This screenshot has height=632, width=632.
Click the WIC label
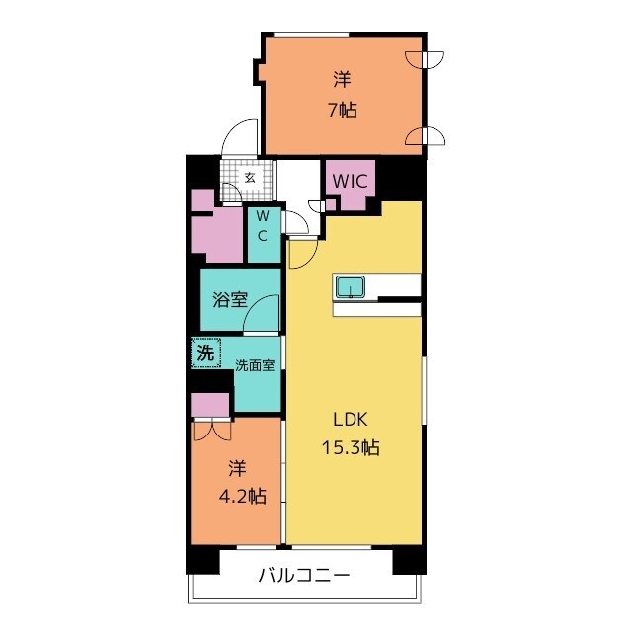pyautogui.click(x=350, y=182)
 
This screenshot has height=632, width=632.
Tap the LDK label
pyautogui.click(x=351, y=420)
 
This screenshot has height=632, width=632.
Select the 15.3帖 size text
pyautogui.click(x=351, y=447)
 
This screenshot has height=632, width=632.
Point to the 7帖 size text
pyautogui.click(x=343, y=110)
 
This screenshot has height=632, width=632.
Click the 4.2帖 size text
pyautogui.click(x=242, y=496)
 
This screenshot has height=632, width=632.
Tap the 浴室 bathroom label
pyautogui.click(x=230, y=299)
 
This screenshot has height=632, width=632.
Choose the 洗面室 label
pyautogui.click(x=255, y=365)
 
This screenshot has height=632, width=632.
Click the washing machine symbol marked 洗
pyautogui.click(x=206, y=354)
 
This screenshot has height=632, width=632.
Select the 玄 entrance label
pyautogui.click(x=250, y=178)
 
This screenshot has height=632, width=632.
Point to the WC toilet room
pyautogui.click(x=264, y=235)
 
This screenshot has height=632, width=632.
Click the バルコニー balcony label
pyautogui.click(x=303, y=575)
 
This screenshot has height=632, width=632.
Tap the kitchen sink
pyautogui.click(x=350, y=287)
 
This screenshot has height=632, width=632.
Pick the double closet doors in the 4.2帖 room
pyautogui.click(x=212, y=430)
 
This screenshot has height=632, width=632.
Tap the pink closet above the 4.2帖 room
pyautogui.click(x=210, y=406)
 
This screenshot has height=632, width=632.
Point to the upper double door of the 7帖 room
pyautogui.click(x=425, y=59)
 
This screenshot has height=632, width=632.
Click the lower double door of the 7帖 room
pyautogui.click(x=425, y=137)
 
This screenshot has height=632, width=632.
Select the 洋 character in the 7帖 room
pyautogui.click(x=342, y=79)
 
